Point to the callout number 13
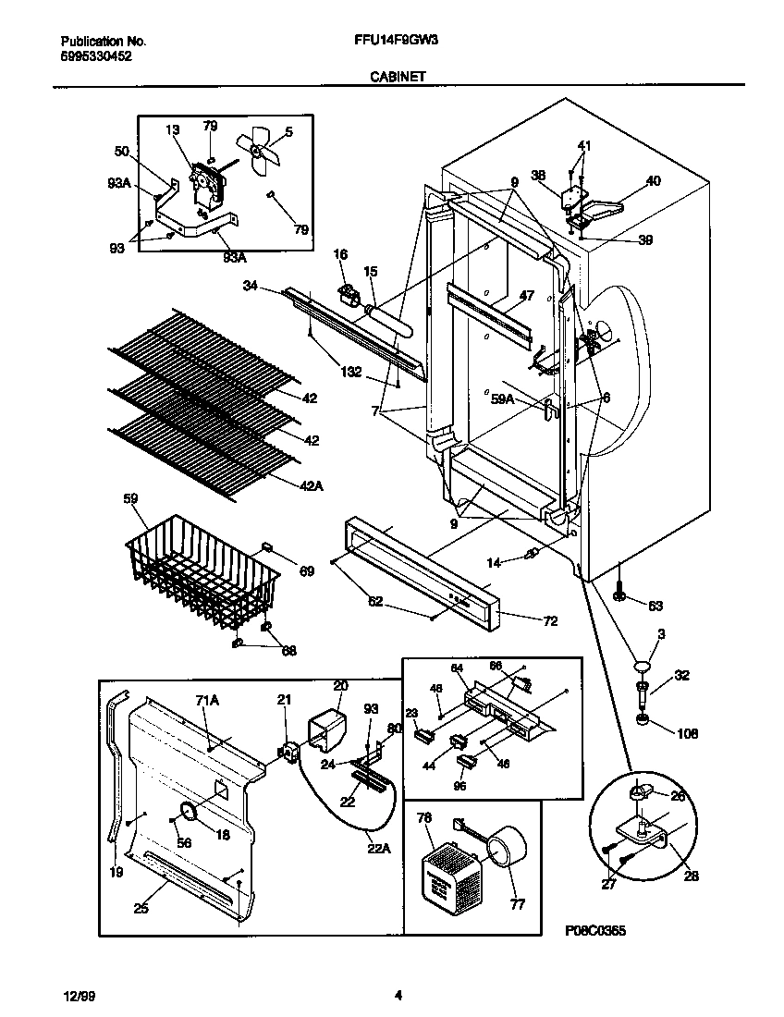[x=172, y=131]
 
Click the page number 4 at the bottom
[x=398, y=996]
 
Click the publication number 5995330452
[x=95, y=56]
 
